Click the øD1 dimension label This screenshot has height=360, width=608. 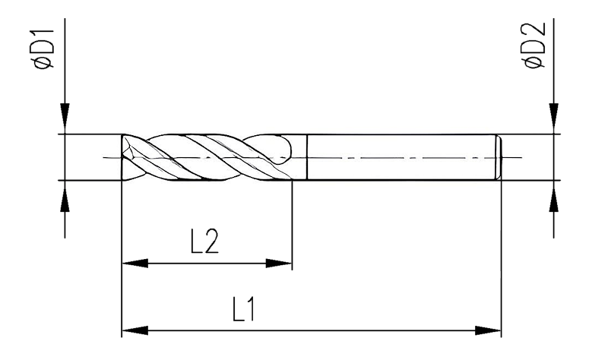[44, 49]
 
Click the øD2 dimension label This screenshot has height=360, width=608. [535, 46]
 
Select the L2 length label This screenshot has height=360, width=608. [204, 241]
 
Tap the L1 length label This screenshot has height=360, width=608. [244, 309]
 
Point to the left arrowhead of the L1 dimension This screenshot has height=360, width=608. [135, 331]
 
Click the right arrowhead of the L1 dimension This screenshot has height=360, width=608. [488, 331]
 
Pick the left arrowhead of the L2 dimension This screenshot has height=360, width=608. [135, 264]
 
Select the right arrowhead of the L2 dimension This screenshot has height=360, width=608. [279, 264]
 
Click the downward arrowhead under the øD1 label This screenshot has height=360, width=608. [65, 116]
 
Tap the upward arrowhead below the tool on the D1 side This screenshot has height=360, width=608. [65, 198]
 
